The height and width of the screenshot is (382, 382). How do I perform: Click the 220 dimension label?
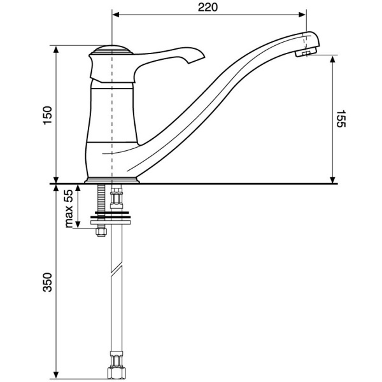208,7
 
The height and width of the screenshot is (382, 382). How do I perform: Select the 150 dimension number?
48,115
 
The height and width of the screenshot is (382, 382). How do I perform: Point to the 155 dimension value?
341,118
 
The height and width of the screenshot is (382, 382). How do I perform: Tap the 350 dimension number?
48,282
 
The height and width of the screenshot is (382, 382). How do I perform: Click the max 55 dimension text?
69,209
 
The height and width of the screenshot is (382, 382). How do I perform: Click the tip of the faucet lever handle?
204,57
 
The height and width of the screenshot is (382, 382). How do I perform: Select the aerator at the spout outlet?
306,52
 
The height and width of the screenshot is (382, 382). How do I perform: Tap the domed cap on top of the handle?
111,50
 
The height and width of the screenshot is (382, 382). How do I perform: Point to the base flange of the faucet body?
111,180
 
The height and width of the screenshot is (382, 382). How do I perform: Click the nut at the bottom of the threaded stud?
101,232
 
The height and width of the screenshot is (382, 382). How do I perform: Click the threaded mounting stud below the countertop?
101,198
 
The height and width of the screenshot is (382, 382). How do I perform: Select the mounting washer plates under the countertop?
111,218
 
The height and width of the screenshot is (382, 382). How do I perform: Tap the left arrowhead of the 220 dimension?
115,15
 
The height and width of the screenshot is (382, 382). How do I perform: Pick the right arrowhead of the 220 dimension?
302,15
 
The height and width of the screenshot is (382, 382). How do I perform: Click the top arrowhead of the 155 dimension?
332,59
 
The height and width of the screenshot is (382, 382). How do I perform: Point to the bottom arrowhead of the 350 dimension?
56,375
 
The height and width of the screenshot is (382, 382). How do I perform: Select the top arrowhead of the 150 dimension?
56,49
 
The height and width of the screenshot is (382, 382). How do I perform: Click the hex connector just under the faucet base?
117,197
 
